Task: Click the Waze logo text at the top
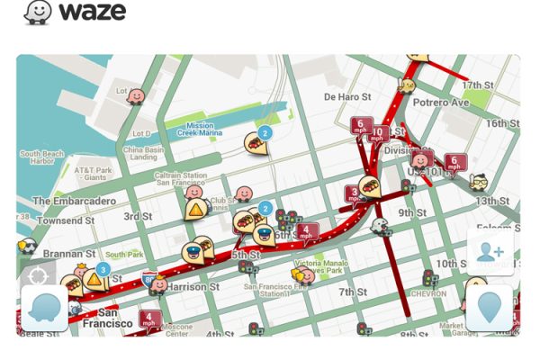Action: (x=92, y=13)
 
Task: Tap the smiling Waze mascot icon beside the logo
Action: (x=38, y=13)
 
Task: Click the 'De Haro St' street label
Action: (x=347, y=96)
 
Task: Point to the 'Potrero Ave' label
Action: (x=441, y=103)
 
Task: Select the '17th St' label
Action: (x=479, y=85)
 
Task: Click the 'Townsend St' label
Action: (x=66, y=220)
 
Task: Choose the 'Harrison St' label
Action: (x=193, y=287)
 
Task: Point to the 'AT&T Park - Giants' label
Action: (x=93, y=174)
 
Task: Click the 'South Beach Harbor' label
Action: (x=42, y=157)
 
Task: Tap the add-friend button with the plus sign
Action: (x=490, y=253)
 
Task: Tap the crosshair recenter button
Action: (x=38, y=275)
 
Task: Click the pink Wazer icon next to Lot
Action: (x=136, y=95)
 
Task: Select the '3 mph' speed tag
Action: (x=355, y=193)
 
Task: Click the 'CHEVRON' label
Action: (x=428, y=293)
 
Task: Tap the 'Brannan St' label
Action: (x=68, y=255)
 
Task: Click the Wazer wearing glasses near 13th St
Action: (x=479, y=183)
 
